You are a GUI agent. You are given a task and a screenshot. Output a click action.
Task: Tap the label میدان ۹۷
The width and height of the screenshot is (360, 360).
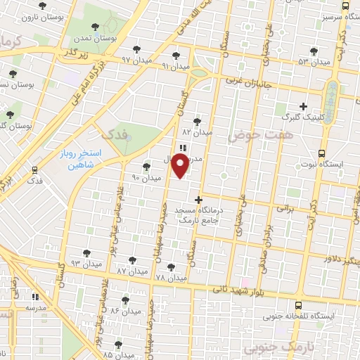136,61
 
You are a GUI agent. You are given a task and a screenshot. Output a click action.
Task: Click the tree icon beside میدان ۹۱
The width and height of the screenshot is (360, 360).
176,56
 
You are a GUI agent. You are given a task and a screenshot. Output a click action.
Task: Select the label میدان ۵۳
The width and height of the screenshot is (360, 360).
312,61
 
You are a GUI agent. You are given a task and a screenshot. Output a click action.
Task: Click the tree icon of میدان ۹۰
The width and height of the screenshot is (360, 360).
146,167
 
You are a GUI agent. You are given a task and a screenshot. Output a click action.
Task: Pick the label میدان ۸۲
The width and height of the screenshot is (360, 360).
196,131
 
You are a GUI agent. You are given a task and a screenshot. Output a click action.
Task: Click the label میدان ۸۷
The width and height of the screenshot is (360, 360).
131,271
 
